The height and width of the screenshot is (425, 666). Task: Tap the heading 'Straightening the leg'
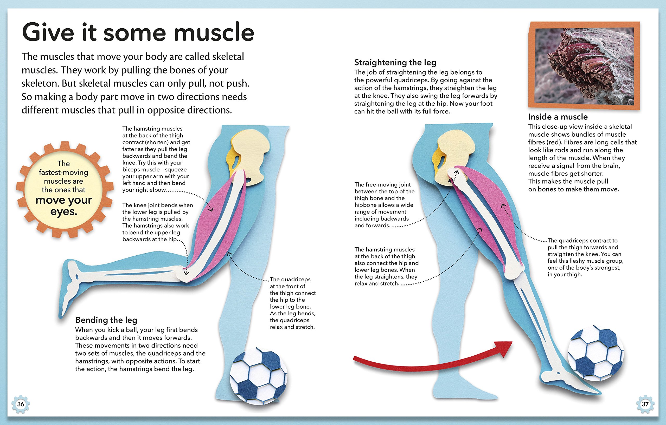pos(395,62)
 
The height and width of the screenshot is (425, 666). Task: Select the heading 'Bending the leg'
pos(106,320)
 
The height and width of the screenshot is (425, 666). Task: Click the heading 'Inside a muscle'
pos(558,117)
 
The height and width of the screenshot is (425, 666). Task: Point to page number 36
pos(21,404)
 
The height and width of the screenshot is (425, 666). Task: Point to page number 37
pos(645,404)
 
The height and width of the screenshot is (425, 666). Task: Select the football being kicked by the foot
pos(595,354)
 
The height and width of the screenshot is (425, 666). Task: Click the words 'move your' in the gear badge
pos(64,200)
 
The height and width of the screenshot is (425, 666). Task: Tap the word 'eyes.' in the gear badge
pos(64,211)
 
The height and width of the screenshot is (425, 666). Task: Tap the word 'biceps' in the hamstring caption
pos(132,170)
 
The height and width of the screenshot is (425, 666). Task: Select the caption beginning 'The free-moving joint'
pos(385,205)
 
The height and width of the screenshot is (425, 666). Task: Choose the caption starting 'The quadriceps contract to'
pos(585,257)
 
